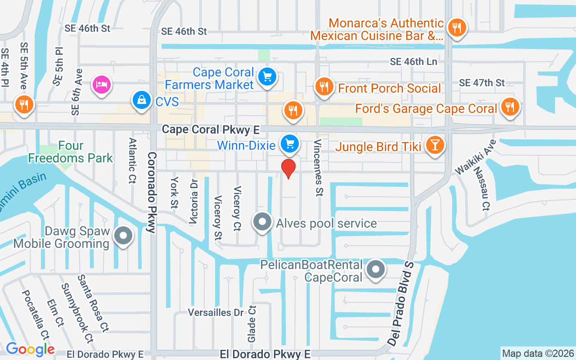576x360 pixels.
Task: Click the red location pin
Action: (x=288, y=168)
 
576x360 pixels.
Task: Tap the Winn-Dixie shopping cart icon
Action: (x=290, y=144)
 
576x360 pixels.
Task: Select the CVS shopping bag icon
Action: (x=142, y=100)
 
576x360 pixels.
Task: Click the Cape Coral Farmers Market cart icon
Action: (x=267, y=77)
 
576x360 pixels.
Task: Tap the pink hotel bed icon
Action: (x=102, y=84)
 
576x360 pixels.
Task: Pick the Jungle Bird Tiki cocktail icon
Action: (x=435, y=145)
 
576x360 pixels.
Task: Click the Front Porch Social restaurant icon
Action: (x=324, y=86)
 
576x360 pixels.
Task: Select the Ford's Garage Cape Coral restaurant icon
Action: (x=509, y=107)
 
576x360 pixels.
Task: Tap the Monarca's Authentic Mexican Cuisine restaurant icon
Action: (x=457, y=28)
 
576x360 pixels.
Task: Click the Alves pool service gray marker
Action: (x=262, y=222)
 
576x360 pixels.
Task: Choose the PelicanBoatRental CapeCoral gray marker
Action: (x=376, y=270)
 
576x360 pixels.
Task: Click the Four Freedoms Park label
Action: (x=71, y=152)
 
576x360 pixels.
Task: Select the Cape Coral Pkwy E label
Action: (x=211, y=130)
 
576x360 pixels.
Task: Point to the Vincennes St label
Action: (x=318, y=168)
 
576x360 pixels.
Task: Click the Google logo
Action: (x=30, y=349)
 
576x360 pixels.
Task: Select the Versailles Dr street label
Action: (x=216, y=312)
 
